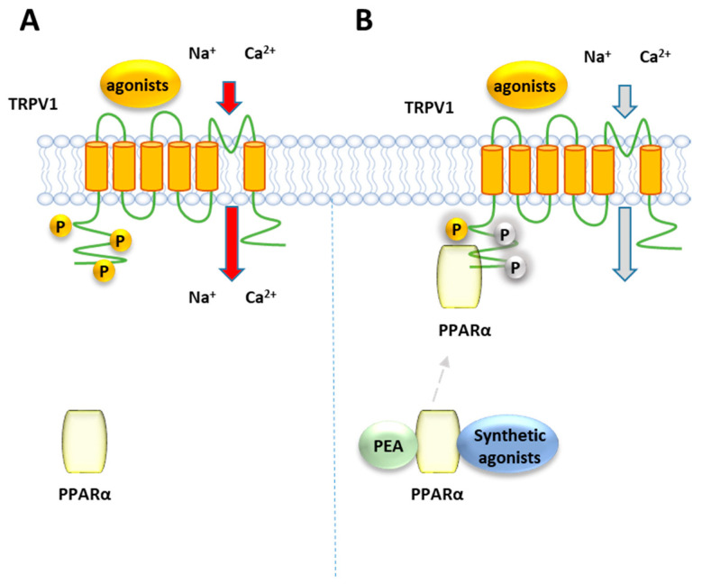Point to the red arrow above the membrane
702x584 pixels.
(x=229, y=96)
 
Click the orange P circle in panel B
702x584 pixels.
(x=458, y=230)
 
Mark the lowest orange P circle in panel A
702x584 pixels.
(x=106, y=269)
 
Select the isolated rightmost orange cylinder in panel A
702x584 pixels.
(x=254, y=166)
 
